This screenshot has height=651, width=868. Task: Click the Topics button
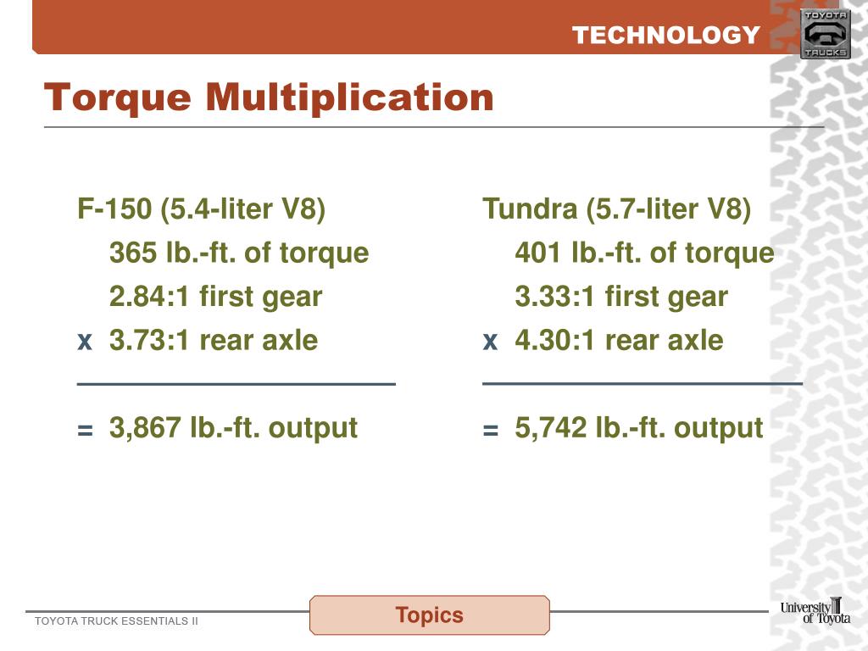(430, 615)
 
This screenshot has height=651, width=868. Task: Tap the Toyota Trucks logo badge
(825, 34)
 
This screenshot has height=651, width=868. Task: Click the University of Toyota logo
(815, 611)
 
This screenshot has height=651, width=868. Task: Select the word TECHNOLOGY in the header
(665, 35)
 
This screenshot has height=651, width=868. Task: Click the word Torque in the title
(118, 97)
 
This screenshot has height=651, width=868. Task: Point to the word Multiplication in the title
(349, 97)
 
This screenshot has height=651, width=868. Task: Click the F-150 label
(114, 209)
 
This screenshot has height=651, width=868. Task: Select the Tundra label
(530, 209)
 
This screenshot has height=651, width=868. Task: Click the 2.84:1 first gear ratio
(150, 297)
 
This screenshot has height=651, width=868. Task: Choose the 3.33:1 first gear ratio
(556, 297)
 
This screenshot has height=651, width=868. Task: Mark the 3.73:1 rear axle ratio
(150, 341)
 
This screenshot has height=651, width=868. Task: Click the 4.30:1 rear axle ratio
(556, 341)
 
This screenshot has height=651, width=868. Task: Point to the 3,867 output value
(145, 428)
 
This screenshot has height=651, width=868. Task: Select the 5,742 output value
(551, 428)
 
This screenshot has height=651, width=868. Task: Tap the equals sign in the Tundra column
(490, 431)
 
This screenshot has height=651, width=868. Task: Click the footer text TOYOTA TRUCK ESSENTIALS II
(116, 621)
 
